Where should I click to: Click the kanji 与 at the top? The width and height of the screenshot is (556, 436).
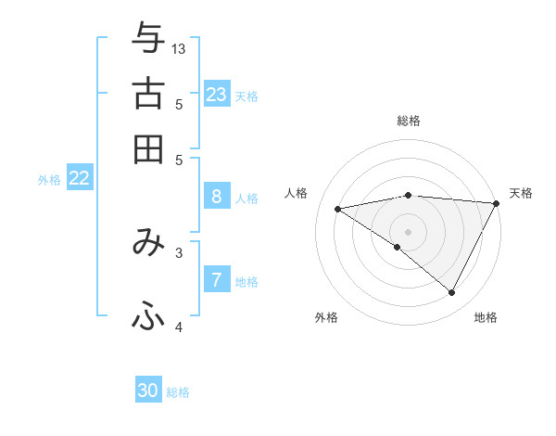tap(148, 39)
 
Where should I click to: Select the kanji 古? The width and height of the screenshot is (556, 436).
tap(148, 94)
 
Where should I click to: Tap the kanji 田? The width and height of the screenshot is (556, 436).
tap(148, 148)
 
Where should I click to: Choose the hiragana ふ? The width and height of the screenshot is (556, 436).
tap(148, 317)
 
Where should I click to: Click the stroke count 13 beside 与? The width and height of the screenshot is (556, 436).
tap(179, 48)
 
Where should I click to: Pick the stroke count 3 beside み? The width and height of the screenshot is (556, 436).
tap(179, 250)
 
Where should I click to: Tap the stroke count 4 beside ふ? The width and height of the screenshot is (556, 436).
tap(179, 327)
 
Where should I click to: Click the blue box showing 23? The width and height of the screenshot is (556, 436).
tap(217, 94)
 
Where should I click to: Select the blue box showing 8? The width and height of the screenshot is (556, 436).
tap(216, 196)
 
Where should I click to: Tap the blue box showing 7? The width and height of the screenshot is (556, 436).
tap(216, 279)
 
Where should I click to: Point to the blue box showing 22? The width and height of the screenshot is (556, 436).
tap(79, 179)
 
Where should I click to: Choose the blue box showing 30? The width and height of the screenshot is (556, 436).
tap(148, 391)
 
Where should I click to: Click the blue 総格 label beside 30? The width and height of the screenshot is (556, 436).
tap(178, 392)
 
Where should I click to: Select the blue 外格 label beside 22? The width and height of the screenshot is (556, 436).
tap(48, 180)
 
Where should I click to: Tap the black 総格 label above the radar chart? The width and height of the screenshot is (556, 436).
tap(408, 121)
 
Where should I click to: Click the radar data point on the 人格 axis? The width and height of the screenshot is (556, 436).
tap(338, 209)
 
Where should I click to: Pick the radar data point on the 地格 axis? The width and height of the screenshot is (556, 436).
tap(452, 293)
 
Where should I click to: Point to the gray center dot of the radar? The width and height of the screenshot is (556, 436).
tap(408, 231)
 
